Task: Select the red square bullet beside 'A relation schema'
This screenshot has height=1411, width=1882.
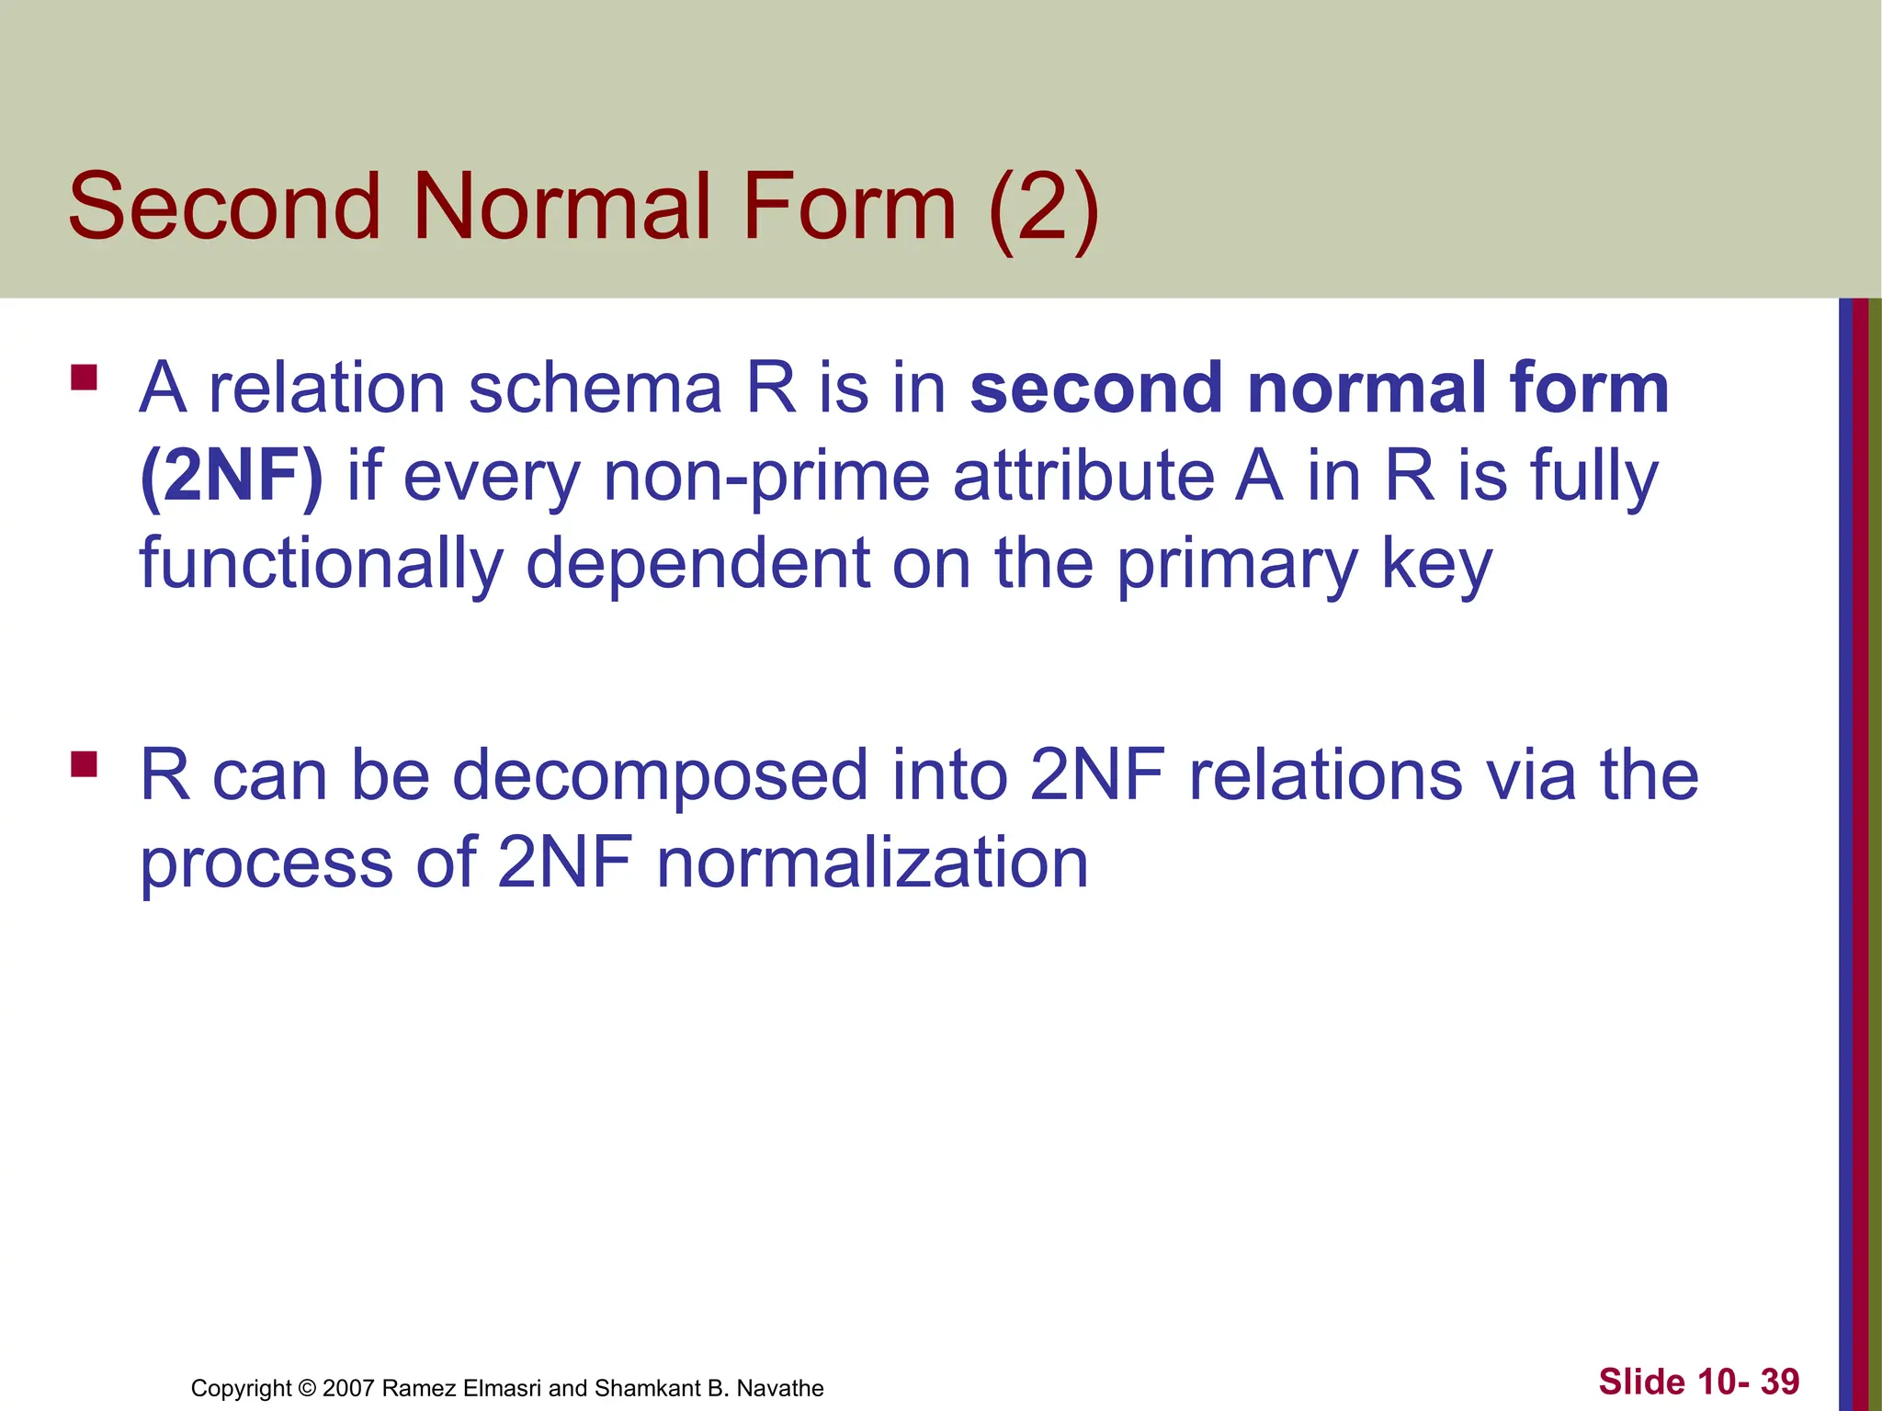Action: [84, 378]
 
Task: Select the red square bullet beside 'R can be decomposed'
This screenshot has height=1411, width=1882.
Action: [84, 764]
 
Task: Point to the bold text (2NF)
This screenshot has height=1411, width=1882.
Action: [232, 476]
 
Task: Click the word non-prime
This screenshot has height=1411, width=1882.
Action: [767, 476]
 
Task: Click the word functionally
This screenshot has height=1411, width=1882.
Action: [321, 563]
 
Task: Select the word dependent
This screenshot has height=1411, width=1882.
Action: [697, 563]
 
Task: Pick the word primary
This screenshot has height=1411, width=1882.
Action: [1237, 563]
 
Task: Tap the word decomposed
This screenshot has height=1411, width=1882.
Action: [660, 774]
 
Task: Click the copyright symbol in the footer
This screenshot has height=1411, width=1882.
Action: [307, 1388]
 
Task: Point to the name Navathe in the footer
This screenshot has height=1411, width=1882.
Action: [780, 1388]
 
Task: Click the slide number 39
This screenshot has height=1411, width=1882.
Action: [1779, 1382]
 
